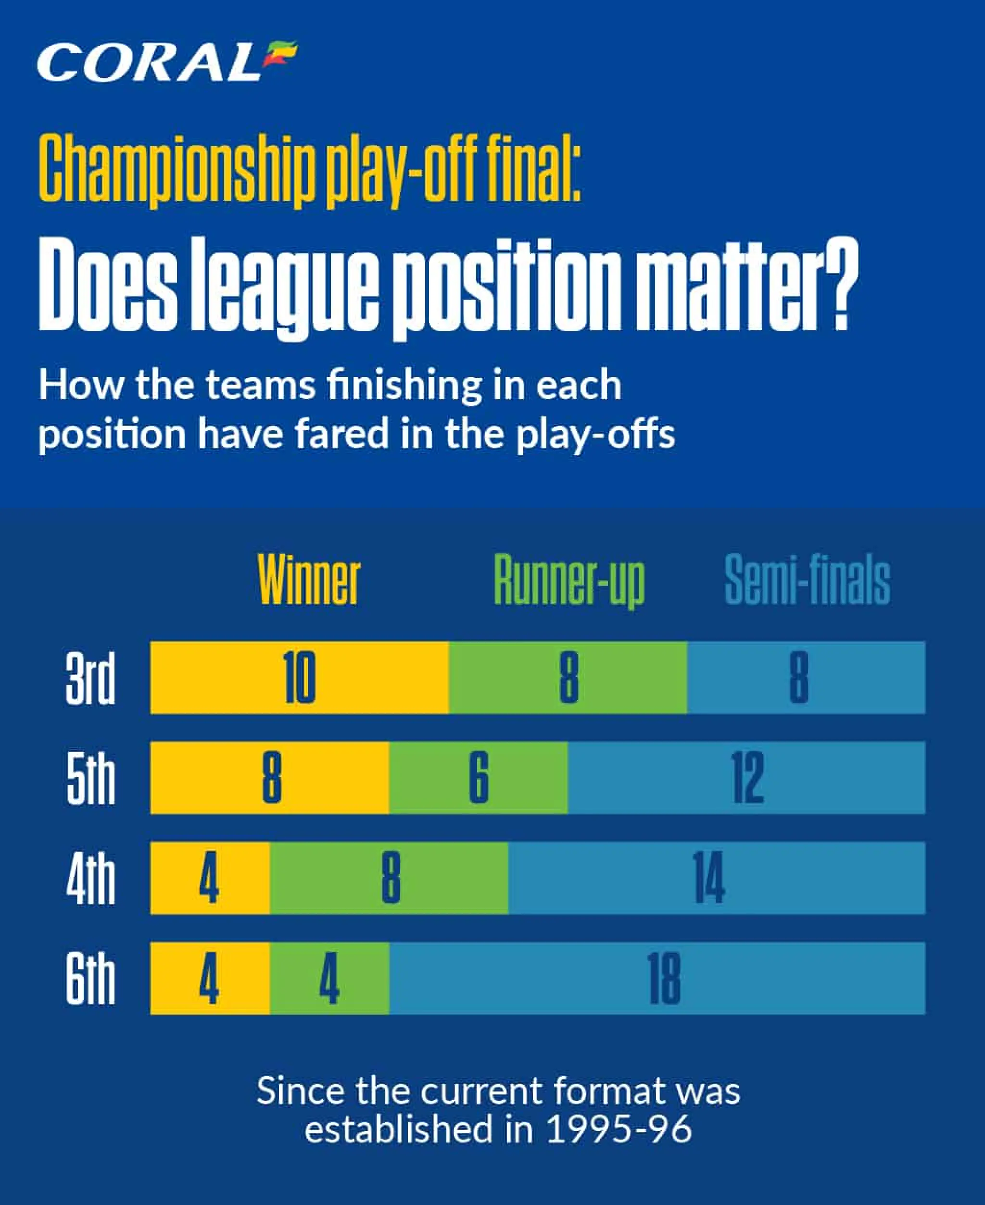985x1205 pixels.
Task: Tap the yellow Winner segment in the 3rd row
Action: coord(300,678)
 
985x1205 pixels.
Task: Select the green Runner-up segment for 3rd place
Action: coord(568,678)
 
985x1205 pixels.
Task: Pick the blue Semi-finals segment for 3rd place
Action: coord(806,678)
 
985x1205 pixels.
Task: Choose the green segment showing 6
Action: coord(479,777)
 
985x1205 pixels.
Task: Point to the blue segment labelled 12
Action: coord(747,777)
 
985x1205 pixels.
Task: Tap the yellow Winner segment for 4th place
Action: coord(210,878)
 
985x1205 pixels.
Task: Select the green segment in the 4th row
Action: coord(389,878)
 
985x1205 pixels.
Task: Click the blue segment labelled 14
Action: coord(717,878)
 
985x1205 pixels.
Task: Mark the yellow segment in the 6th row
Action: coord(210,978)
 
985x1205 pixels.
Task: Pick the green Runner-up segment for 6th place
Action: coord(329,978)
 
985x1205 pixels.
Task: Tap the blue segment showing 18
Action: coord(657,978)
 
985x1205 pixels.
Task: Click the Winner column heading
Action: coord(309,579)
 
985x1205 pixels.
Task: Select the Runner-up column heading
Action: coord(569,581)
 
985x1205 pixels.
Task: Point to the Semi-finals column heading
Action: coord(808,579)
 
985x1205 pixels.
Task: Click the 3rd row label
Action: coord(90,678)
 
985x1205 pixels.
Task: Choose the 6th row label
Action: coord(90,978)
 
